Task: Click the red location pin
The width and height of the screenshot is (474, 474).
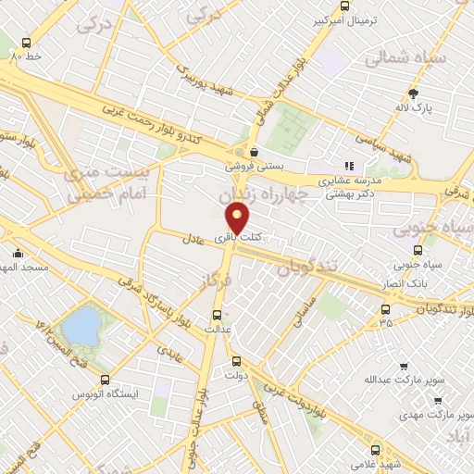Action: (238, 218)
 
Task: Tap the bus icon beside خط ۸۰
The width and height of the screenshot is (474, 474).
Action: (26, 43)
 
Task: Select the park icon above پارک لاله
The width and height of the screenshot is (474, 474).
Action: (414, 94)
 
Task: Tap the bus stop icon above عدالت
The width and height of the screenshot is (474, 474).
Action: (218, 314)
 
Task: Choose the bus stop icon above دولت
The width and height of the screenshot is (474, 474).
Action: (236, 361)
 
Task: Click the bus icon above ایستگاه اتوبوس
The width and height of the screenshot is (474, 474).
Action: (105, 380)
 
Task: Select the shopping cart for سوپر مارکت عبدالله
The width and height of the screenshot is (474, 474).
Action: (403, 368)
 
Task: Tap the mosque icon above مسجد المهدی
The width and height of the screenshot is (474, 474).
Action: (18, 254)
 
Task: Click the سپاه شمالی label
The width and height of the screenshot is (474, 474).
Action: (405, 57)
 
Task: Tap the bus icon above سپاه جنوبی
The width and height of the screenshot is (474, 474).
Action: (418, 250)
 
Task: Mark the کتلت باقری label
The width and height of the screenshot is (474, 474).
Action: (239, 238)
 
